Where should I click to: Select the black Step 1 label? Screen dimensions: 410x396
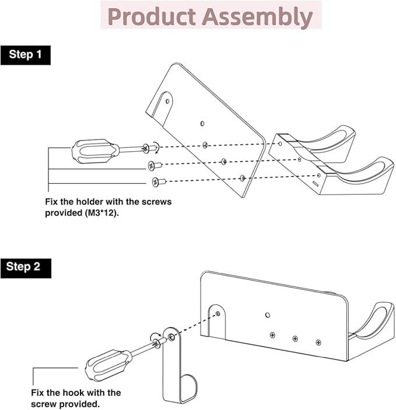(25, 55)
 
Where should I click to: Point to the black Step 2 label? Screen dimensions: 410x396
(25, 267)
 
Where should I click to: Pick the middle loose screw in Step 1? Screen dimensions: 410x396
(155, 165)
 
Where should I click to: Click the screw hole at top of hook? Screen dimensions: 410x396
(170, 338)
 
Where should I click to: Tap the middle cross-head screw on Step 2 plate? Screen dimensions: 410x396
(295, 338)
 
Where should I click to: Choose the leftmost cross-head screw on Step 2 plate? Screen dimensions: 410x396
(272, 335)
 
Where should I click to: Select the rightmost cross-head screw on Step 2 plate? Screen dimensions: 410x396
(318, 342)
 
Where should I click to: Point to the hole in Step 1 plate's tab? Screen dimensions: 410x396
(168, 100)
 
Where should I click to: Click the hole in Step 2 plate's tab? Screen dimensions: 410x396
(218, 314)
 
